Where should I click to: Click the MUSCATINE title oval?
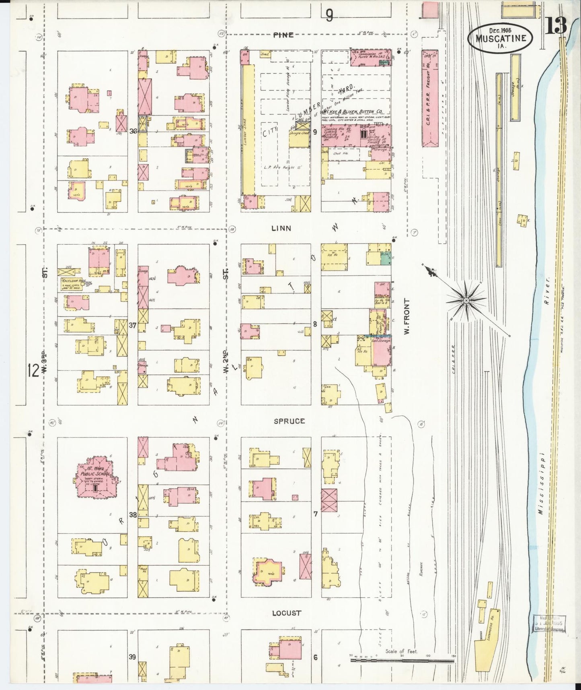click(x=501, y=37)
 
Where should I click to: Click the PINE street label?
click(x=283, y=35)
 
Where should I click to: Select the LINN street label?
click(x=281, y=228)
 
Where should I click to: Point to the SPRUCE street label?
click(x=289, y=421)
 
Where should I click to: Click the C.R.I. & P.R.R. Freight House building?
click(x=429, y=98)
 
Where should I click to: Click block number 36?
click(x=133, y=131)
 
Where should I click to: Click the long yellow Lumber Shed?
click(x=248, y=129)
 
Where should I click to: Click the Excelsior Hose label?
click(x=74, y=281)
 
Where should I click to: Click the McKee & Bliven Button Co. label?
click(x=354, y=112)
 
